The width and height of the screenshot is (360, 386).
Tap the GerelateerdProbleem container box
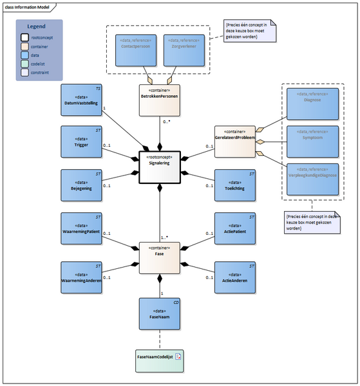(x=234, y=141)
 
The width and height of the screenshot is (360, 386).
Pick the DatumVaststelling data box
(x=81, y=99)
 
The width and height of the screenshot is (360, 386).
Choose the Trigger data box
(x=81, y=142)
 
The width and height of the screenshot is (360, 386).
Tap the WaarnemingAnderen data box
(x=81, y=277)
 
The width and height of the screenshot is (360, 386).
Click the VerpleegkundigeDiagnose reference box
(x=313, y=179)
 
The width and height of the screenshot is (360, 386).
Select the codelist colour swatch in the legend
(x=24, y=64)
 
